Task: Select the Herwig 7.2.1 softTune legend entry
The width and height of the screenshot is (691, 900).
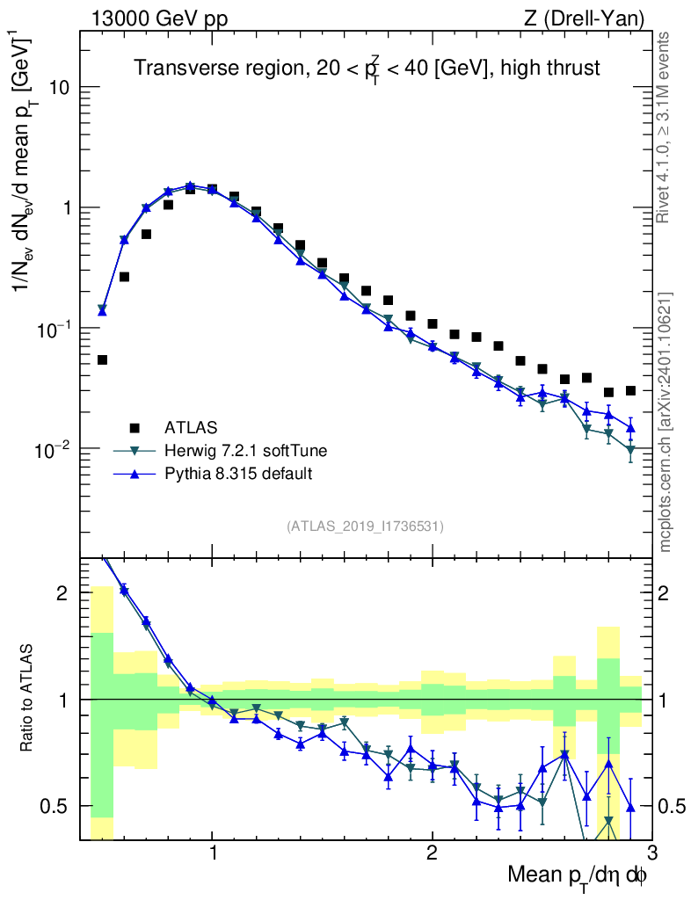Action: pyautogui.click(x=246, y=451)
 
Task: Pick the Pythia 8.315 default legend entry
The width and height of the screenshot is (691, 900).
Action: pyautogui.click(x=239, y=474)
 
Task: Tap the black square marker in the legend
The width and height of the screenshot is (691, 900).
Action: pyautogui.click(x=135, y=428)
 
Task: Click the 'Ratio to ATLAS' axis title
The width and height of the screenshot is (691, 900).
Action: pyautogui.click(x=28, y=699)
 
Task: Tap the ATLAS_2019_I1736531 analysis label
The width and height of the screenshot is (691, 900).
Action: pyautogui.click(x=365, y=526)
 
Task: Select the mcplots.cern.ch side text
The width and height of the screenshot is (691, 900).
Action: pyautogui.click(x=667, y=422)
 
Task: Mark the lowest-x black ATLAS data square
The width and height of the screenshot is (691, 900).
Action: pyautogui.click(x=102, y=359)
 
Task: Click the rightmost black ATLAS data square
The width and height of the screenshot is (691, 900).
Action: pyautogui.click(x=630, y=390)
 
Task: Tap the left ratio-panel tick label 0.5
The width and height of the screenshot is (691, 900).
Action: pyautogui.click(x=56, y=806)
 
